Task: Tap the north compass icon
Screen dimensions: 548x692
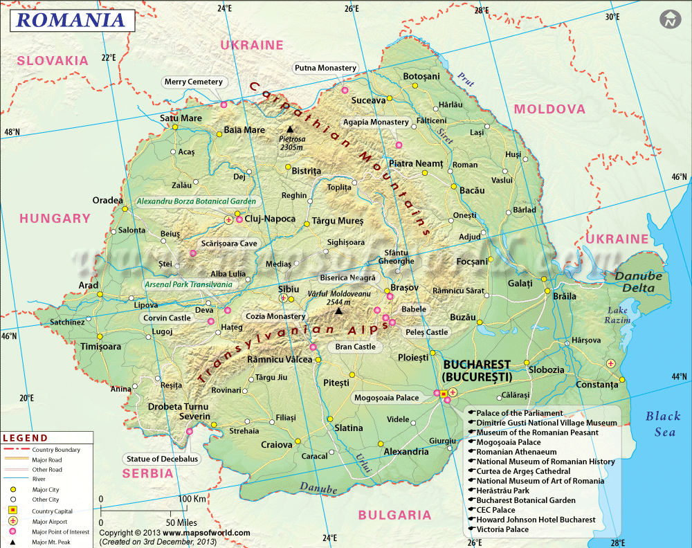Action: point(669,19)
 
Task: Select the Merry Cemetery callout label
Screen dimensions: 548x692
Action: point(194,82)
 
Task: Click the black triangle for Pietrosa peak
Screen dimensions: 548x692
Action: point(290,129)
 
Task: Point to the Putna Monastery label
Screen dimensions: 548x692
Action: point(325,68)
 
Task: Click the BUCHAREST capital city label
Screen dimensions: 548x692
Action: point(477,365)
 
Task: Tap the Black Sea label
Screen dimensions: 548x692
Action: point(662,423)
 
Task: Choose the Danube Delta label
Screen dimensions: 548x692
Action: point(639,281)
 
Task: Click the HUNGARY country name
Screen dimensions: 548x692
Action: point(55,218)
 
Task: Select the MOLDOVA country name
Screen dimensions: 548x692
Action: point(549,109)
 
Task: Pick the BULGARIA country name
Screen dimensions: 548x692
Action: point(394,515)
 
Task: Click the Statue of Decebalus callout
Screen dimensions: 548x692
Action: point(162,459)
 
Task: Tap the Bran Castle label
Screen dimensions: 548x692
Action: point(355,347)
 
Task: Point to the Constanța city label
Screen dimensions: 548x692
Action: point(597,384)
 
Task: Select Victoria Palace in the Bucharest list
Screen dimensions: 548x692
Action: point(502,529)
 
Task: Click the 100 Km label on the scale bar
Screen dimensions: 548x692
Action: point(192,498)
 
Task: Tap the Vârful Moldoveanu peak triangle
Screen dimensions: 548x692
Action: point(338,311)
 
